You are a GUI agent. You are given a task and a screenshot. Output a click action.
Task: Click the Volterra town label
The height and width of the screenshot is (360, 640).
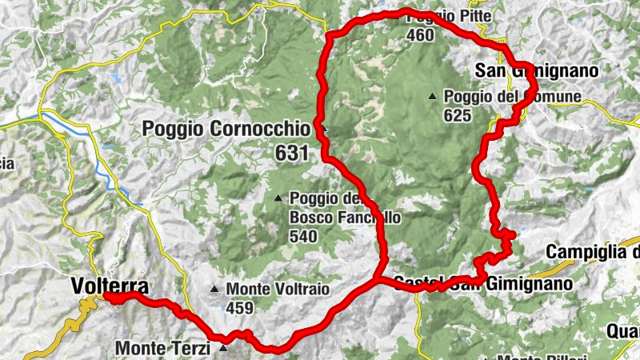109,285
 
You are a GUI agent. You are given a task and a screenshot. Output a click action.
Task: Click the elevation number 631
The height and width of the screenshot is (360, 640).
293,153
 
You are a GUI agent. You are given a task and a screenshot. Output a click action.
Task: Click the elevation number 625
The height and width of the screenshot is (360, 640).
458,114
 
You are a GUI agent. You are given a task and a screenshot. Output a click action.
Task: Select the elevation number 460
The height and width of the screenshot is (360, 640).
420,35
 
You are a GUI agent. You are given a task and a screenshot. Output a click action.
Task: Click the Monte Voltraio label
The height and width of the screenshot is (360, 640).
278,290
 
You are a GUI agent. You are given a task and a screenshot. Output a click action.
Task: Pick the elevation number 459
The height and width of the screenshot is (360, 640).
239,308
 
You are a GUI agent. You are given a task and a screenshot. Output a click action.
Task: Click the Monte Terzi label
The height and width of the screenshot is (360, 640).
163,348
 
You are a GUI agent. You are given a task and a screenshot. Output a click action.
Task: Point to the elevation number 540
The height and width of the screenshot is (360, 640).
304,236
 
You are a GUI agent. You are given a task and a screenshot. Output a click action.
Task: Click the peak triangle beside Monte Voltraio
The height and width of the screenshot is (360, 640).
214,290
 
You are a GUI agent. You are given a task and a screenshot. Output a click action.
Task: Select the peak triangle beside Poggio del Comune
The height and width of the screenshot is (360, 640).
433,97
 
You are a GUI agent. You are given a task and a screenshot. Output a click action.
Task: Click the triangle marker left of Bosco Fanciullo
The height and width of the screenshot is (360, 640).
278,198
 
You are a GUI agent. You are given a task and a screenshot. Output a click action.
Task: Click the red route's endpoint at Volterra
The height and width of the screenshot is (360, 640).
106,298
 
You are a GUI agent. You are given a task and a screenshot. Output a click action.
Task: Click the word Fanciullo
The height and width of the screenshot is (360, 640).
366,217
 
